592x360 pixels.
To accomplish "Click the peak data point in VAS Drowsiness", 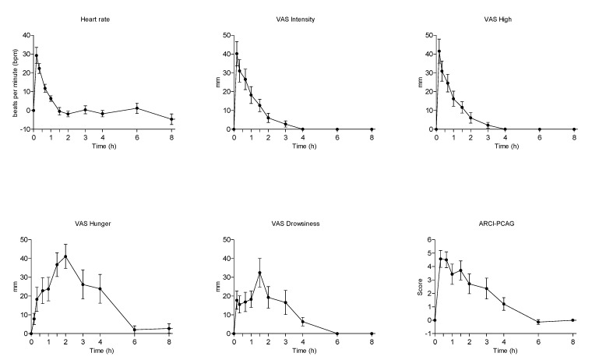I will [259, 273].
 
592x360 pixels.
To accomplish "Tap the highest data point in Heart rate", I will [36, 55].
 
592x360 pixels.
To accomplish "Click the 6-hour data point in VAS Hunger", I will [135, 330].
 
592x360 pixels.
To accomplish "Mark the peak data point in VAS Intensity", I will [237, 54].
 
